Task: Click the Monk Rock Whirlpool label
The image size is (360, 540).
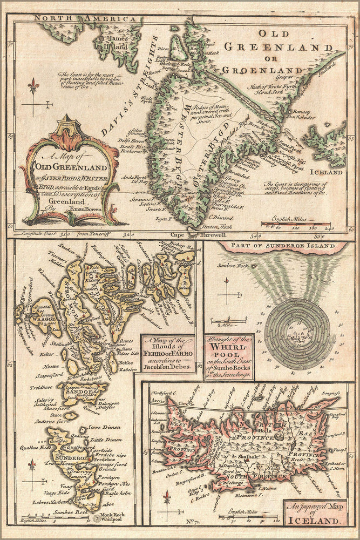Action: [x=112, y=517]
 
